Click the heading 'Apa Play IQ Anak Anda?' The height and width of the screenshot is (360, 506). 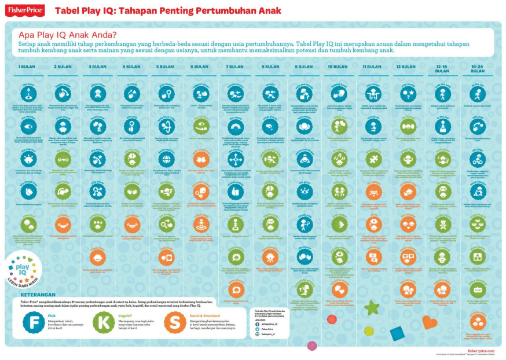pos(68,34)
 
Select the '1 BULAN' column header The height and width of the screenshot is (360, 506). pos(27,67)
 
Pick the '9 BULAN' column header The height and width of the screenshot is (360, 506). pos(303,67)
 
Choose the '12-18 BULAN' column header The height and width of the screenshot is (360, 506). pos(442,68)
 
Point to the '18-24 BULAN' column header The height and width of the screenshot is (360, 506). pos(477,68)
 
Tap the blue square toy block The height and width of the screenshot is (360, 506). pos(398,333)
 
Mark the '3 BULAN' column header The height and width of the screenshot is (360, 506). pos(97,67)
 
